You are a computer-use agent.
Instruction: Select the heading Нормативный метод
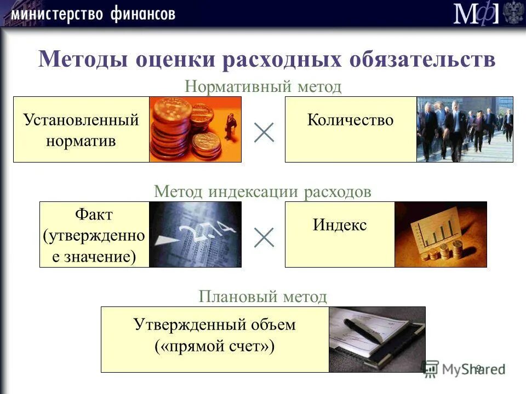coord(263,86)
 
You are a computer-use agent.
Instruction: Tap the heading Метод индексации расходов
coord(263,192)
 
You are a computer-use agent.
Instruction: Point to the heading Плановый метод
coord(263,297)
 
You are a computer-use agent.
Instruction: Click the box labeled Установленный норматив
coord(81,130)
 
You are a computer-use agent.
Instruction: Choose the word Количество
coord(350,120)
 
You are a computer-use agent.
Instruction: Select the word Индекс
coord(340,225)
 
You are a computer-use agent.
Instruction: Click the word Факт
coord(94,215)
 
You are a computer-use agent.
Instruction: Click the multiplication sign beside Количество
coord(264,132)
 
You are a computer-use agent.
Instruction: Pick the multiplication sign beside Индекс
coord(264,237)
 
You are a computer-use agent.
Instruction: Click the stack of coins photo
coord(195,130)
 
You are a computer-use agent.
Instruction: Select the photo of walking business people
coord(465,130)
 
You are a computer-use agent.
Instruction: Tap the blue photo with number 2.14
coord(195,234)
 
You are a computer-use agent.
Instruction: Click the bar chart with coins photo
coord(441,234)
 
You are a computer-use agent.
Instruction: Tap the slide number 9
coord(478,368)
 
